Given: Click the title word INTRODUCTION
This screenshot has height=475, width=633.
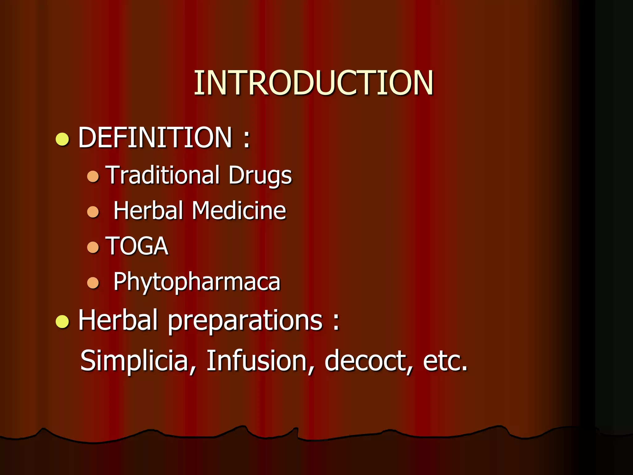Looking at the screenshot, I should point(313,83).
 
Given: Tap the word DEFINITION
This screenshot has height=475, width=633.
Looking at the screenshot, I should point(155,137).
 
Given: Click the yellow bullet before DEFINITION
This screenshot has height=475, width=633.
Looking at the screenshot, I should point(62,139).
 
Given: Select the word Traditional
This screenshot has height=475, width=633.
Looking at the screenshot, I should point(163,175).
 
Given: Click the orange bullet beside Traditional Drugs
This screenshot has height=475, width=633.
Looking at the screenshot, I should point(93,177).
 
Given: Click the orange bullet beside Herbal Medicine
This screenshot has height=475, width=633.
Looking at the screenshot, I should point(93,212).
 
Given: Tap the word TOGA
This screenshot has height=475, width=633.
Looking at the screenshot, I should point(137,246).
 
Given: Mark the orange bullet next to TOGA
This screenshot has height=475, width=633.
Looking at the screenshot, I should point(93,247).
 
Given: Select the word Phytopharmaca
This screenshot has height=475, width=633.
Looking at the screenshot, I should point(197,282).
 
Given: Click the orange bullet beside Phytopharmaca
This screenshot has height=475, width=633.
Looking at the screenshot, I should point(93,283).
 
